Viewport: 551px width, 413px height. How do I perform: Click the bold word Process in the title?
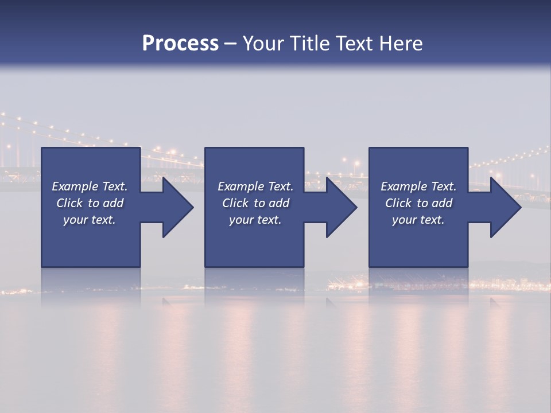[180, 44]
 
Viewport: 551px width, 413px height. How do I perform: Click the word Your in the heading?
[263, 44]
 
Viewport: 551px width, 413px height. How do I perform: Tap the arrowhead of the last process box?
[505, 207]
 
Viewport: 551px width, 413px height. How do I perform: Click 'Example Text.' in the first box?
[90, 186]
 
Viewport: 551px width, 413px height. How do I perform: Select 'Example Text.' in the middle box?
[255, 186]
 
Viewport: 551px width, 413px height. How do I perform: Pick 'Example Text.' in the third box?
[418, 186]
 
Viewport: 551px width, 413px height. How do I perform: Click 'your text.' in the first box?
[90, 220]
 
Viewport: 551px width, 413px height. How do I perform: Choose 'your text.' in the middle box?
[255, 220]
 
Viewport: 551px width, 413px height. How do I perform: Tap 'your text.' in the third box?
[418, 220]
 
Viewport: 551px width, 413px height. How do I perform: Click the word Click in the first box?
[69, 203]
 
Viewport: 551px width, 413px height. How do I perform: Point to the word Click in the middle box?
[235, 203]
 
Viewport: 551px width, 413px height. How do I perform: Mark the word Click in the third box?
[398, 203]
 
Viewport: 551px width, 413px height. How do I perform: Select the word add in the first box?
[114, 203]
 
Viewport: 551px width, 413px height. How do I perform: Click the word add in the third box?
[443, 203]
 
